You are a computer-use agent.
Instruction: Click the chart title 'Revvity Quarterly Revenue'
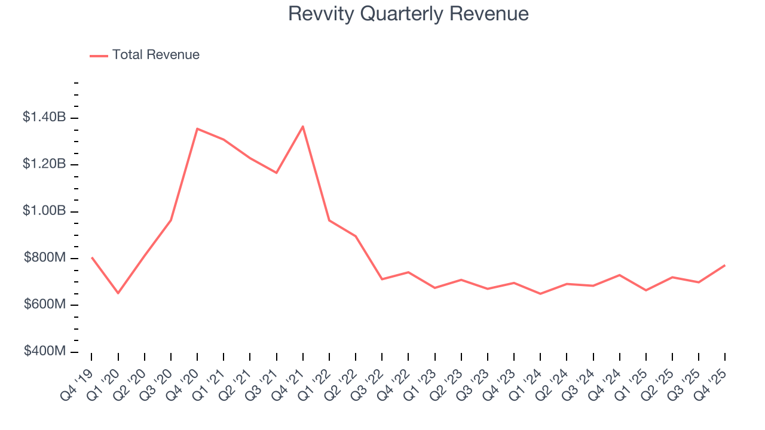coord(408,14)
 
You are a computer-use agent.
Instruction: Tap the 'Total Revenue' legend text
coord(155,55)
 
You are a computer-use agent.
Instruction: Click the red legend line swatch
coord(99,56)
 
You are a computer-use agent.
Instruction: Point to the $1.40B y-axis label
coord(44,118)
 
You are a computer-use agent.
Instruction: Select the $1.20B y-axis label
coord(44,164)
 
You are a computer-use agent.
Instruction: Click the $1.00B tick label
coord(44,211)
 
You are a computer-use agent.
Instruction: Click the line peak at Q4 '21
coord(303,126)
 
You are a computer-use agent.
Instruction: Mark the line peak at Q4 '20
coord(197,128)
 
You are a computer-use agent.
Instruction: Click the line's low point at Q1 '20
coord(118,293)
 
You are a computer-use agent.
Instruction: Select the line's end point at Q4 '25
coord(725,265)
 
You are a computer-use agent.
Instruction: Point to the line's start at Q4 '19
coord(91,257)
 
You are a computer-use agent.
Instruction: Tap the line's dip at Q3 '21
coord(276,173)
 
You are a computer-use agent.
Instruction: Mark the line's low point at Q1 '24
coord(540,294)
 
